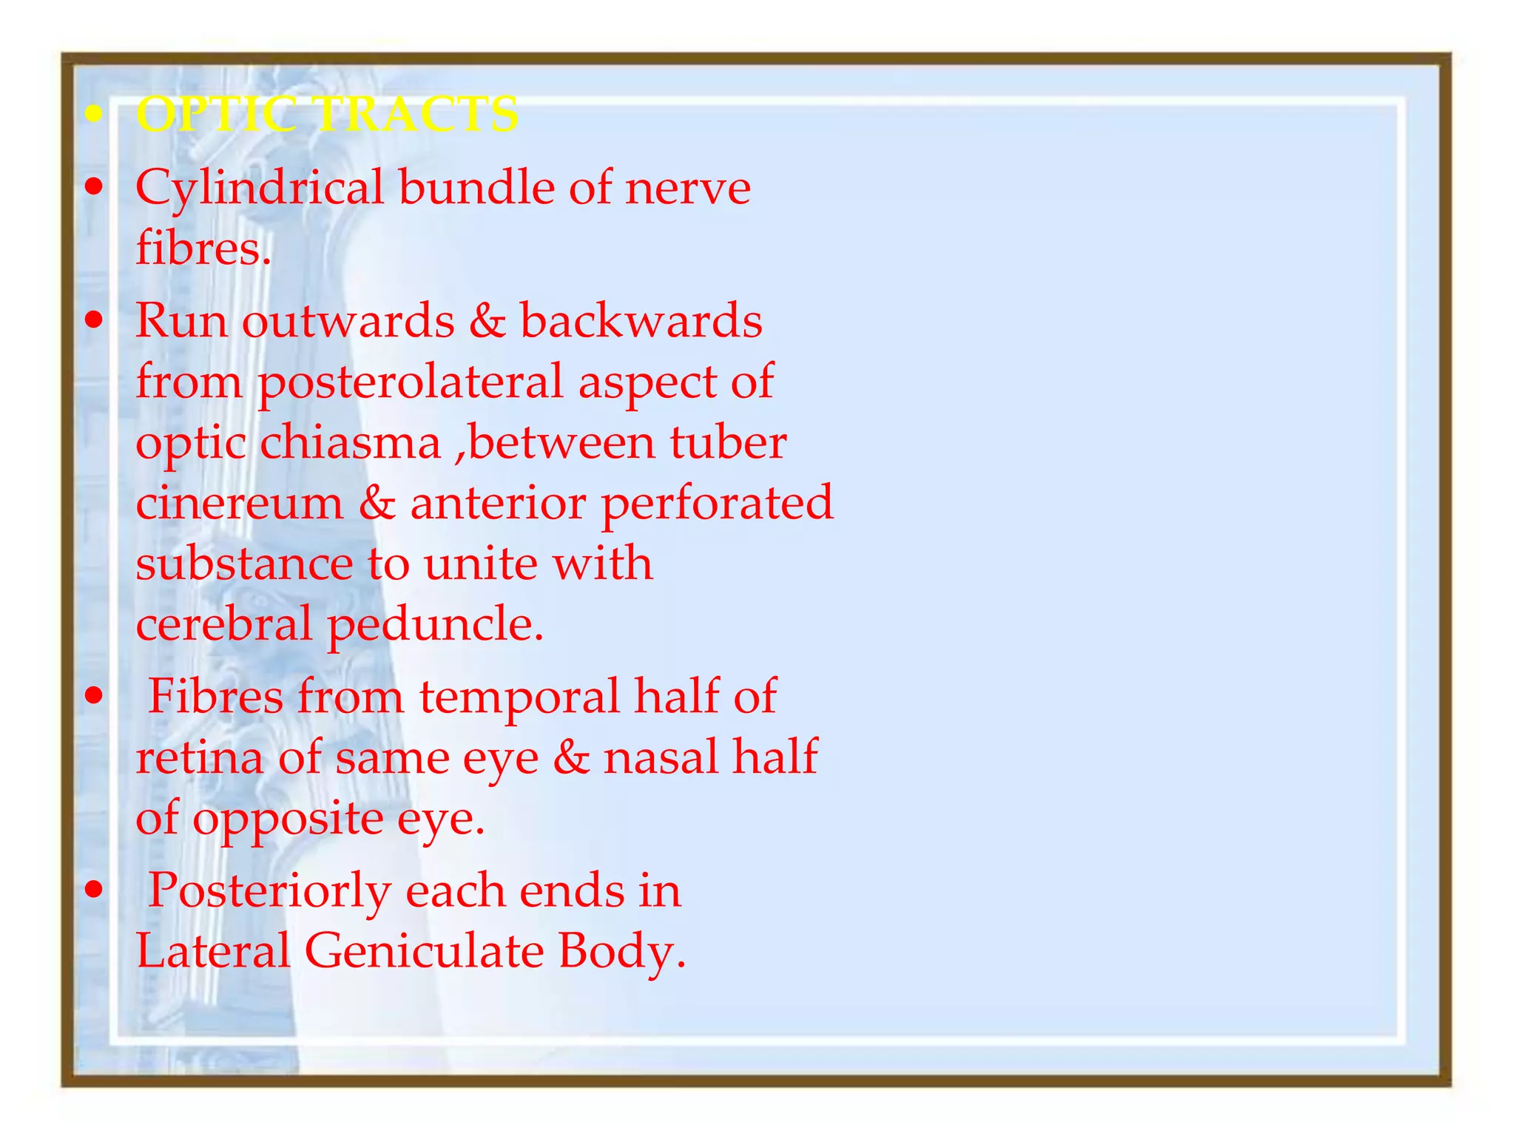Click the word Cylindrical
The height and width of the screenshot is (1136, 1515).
[259, 188]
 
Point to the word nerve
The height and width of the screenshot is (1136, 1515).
[688, 188]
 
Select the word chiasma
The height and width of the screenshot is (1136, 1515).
[351, 444]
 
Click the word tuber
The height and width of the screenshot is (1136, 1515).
[728, 442]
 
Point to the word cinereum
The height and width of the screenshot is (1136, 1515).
[240, 503]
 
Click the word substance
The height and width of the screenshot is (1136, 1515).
[244, 564]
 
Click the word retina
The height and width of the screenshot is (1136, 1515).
[199, 758]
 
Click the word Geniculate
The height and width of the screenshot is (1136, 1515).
[424, 951]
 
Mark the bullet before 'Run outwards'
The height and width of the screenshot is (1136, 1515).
[93, 321]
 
